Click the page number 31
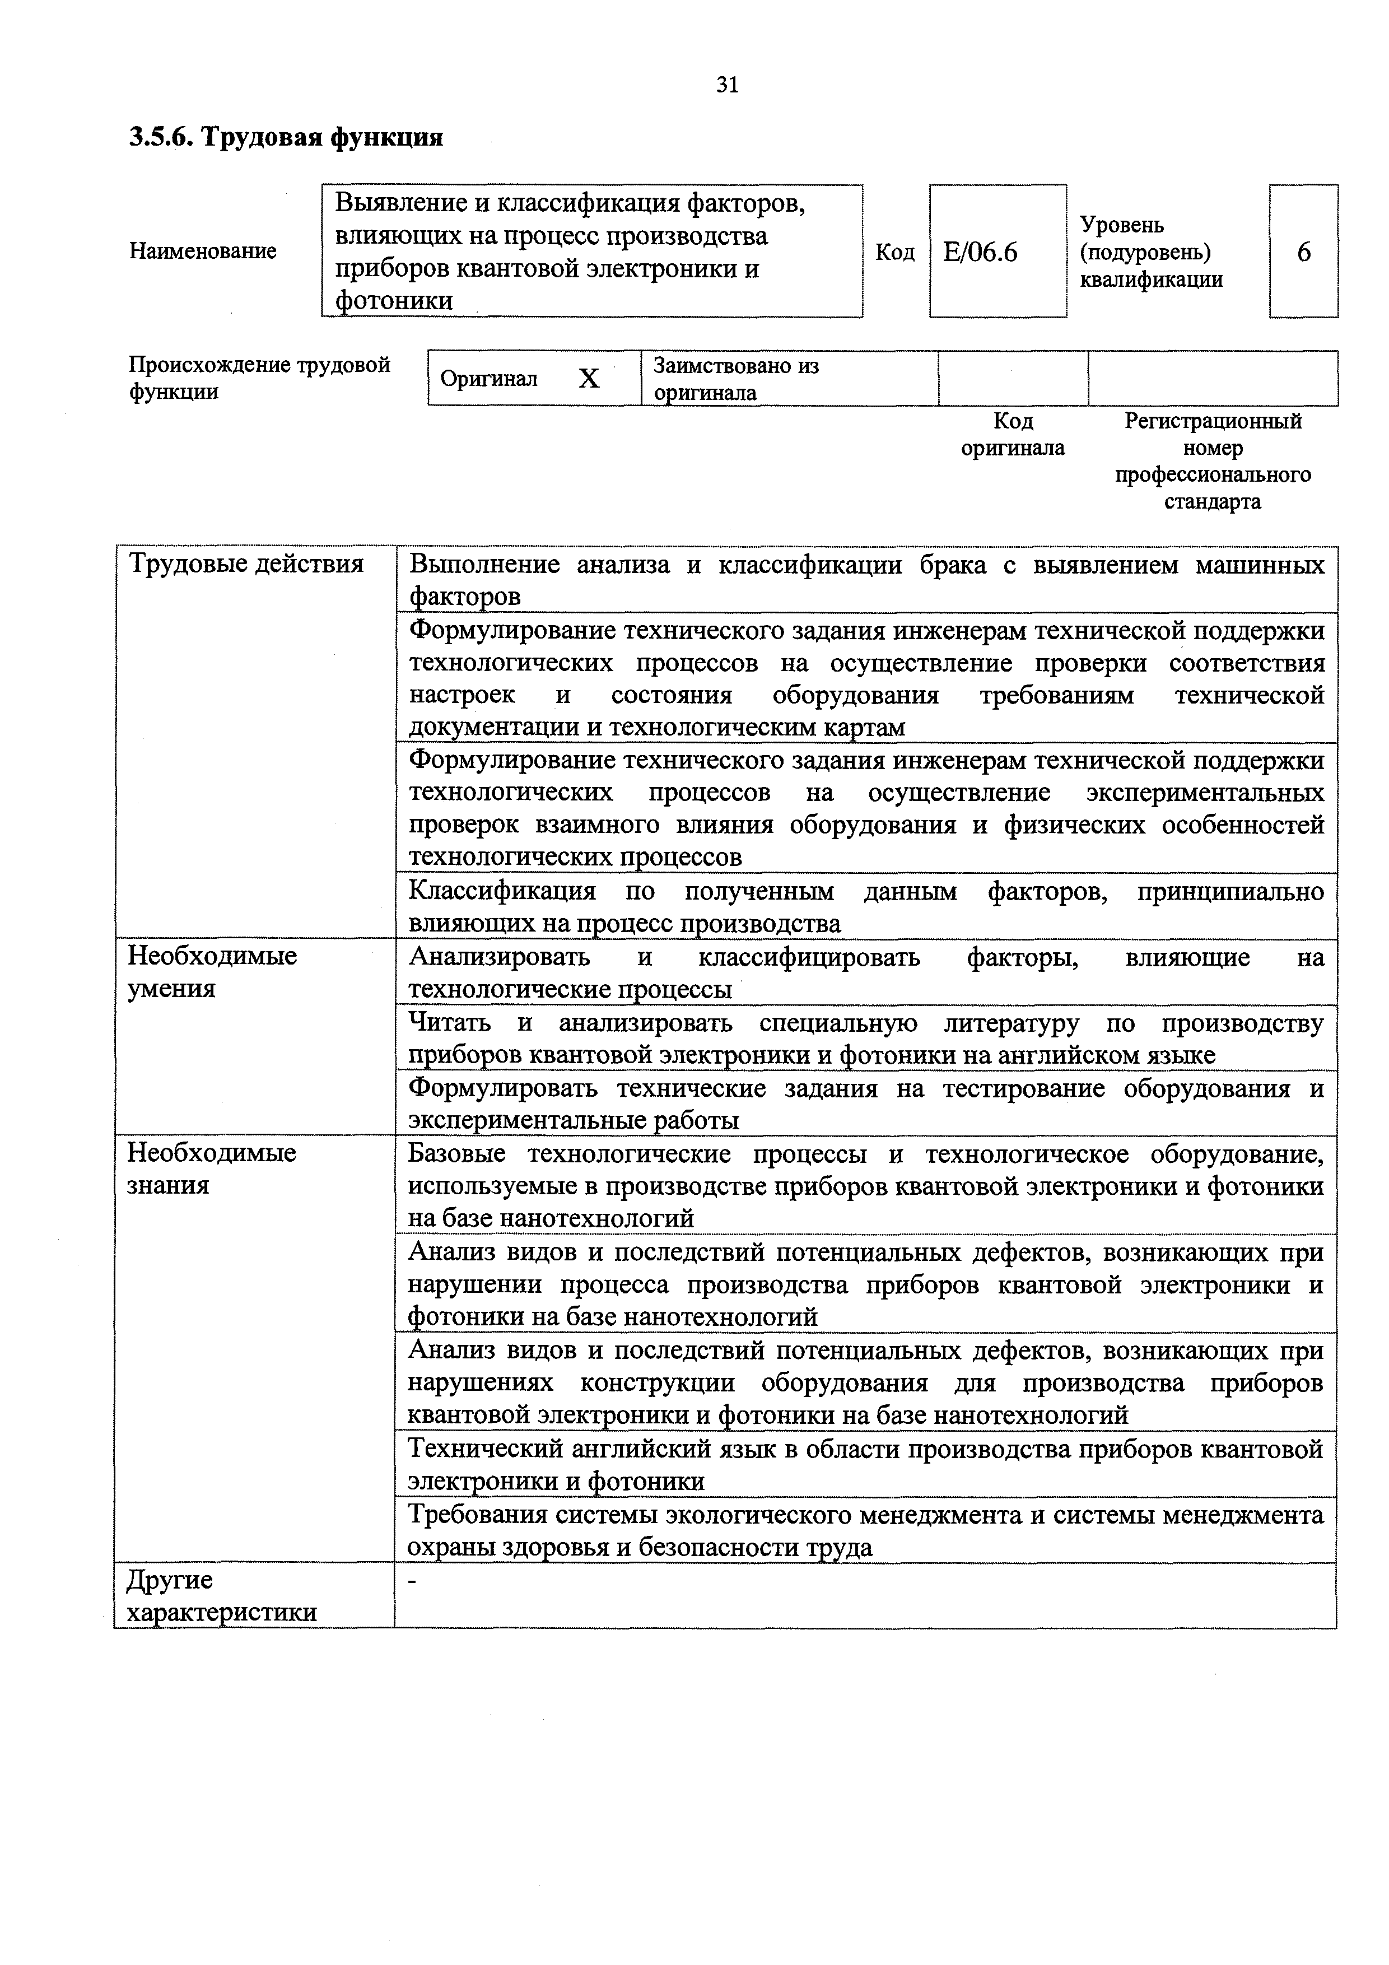(x=726, y=85)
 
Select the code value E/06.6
(x=980, y=253)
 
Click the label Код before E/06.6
(x=895, y=253)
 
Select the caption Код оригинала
(x=1013, y=434)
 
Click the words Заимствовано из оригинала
(x=736, y=379)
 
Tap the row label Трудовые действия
(x=246, y=564)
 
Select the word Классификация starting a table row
(x=501, y=891)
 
